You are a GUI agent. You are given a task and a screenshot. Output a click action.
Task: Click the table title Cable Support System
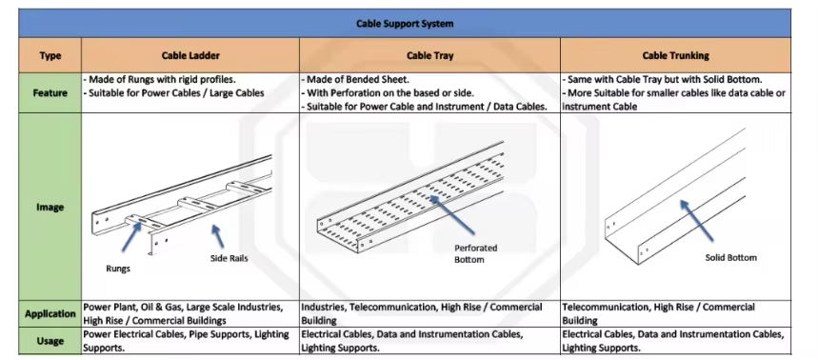click(x=405, y=24)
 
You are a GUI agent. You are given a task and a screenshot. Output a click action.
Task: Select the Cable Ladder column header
click(x=190, y=55)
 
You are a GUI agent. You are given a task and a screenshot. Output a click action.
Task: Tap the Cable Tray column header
click(x=429, y=55)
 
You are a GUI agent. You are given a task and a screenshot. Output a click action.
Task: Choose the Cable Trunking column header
click(x=675, y=55)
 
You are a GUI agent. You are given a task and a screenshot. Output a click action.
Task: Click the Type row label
click(x=50, y=56)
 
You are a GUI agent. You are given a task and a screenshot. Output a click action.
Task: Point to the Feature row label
click(x=50, y=93)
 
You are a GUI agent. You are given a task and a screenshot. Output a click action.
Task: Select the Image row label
click(x=50, y=207)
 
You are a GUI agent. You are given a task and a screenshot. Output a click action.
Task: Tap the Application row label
click(x=50, y=314)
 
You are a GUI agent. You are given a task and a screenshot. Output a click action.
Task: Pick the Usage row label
click(x=50, y=341)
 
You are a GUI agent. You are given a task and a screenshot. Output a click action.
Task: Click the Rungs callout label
click(x=118, y=269)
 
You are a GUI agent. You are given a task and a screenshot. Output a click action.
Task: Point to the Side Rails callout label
click(x=229, y=258)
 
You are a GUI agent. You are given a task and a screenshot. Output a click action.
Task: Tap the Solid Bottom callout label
click(x=731, y=258)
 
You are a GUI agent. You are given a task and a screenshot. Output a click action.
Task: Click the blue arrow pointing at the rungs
click(x=131, y=237)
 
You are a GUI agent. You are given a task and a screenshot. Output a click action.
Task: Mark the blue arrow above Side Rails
click(x=217, y=235)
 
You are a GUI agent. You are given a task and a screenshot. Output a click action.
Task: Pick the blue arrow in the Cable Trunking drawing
click(x=696, y=221)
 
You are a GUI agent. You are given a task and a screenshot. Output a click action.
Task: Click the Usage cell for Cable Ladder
click(x=187, y=341)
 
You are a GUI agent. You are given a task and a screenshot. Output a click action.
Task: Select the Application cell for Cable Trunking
click(x=658, y=313)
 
